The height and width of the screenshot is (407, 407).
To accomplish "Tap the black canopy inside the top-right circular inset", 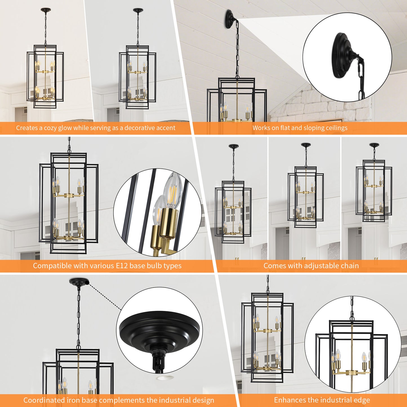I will click(342, 54).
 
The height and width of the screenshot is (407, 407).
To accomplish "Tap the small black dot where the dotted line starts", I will click(87, 283).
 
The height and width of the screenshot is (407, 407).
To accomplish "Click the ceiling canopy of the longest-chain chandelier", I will click(233, 147).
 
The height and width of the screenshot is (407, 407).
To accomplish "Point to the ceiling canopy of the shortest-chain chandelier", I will click(374, 145).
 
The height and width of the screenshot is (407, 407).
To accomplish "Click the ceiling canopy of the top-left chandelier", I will click(45, 10).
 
